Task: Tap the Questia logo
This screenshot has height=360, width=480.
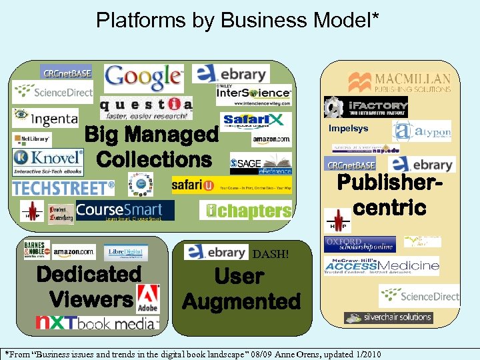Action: coord(146,106)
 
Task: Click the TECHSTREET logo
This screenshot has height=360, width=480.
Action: coord(63,188)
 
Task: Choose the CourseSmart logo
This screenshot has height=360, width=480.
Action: coord(125,210)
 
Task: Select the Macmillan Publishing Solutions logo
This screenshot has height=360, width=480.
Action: coord(399,83)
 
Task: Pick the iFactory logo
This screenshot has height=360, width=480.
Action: coord(366,107)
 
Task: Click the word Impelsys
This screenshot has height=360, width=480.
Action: coord(348,129)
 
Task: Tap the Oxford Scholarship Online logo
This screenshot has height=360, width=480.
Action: coord(359,244)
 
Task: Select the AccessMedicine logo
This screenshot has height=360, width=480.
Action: coord(381,266)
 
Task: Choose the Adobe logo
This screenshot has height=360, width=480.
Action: coord(148,297)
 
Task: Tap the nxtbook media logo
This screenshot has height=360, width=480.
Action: coord(97,323)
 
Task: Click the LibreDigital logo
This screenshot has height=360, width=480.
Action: coord(126,251)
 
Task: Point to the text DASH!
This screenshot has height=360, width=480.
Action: coord(271,254)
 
